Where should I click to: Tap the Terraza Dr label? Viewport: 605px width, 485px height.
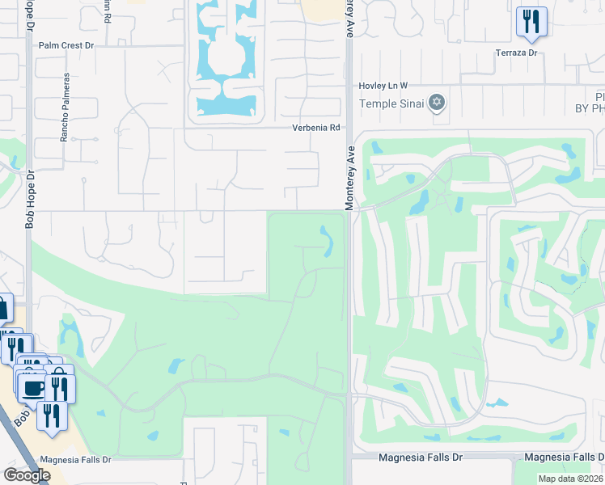[x=516, y=53]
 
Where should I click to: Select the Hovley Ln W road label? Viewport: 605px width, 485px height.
[x=384, y=85]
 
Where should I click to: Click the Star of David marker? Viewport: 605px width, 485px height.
[x=438, y=102]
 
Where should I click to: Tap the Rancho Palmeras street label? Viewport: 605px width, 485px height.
[x=63, y=109]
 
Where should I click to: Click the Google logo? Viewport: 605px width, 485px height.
[x=26, y=475]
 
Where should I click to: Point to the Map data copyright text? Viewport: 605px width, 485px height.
[x=571, y=479]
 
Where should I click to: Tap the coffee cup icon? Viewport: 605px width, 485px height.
[x=32, y=388]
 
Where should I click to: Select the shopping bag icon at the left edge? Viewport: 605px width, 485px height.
[x=2, y=307]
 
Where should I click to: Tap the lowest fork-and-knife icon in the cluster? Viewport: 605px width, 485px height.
[x=52, y=416]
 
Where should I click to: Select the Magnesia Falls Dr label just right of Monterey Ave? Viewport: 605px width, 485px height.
[x=421, y=458]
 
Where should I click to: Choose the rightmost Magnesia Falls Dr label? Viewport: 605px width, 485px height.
[x=564, y=458]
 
